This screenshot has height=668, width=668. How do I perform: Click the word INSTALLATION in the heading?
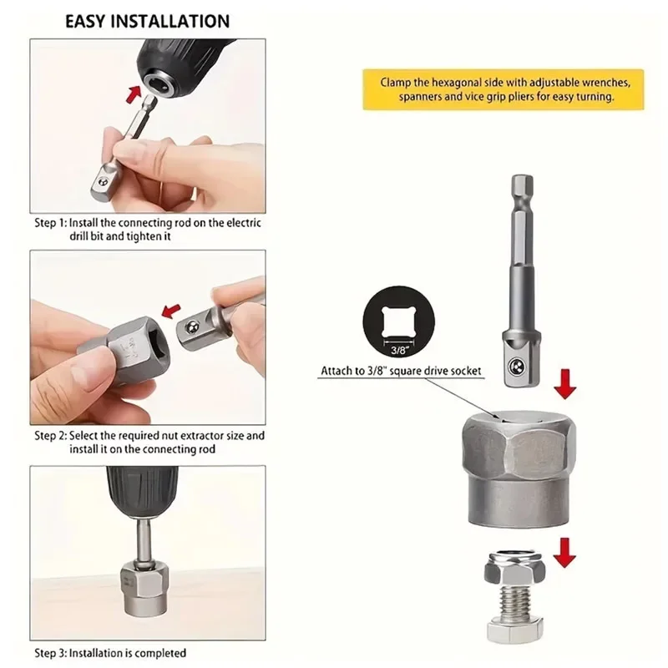170,22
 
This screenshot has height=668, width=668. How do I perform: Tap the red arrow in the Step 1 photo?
134,94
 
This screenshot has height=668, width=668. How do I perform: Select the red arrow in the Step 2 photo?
171,311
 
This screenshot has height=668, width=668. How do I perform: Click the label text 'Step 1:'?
51,223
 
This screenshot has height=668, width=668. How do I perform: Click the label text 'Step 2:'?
51,436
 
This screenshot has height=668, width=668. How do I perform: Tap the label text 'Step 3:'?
51,653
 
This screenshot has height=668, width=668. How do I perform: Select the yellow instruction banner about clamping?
504,89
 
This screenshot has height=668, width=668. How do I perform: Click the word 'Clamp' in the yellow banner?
395,83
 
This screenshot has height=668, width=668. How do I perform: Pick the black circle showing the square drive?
399,321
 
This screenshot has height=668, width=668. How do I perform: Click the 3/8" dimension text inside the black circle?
400,350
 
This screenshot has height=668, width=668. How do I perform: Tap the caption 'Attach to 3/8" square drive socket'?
401,371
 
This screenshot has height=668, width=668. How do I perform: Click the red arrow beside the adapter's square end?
565,384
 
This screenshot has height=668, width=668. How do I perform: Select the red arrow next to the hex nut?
564,553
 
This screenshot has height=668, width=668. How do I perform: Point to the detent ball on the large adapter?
515,366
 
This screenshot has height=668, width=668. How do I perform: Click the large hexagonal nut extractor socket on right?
519,469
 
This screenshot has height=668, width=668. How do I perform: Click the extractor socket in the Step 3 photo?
144,589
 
